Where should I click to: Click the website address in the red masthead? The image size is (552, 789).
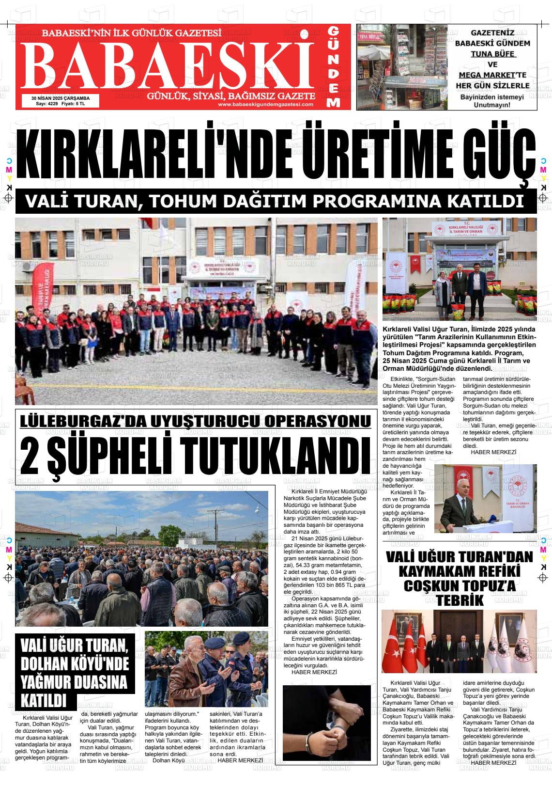point(265,104)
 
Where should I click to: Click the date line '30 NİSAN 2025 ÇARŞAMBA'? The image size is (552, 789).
point(61,97)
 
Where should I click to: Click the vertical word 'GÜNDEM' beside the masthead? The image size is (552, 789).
point(334,67)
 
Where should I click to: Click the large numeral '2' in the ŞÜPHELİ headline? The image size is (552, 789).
point(31,455)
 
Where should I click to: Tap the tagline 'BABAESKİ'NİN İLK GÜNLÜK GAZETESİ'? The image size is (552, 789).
point(132,33)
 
